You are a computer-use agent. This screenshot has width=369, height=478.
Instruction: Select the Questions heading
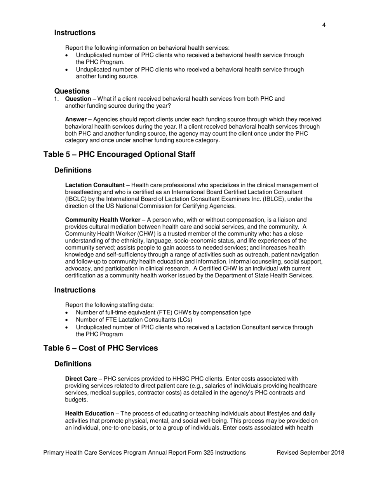72,91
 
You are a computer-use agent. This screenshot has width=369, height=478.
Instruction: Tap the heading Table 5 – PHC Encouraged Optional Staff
119,154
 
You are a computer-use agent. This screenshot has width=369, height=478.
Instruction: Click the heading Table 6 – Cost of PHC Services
101,348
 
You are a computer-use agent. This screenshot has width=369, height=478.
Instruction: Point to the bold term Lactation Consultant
95,185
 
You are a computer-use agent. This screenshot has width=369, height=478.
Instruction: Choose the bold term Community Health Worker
103,220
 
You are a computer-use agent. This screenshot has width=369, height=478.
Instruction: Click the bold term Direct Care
81,379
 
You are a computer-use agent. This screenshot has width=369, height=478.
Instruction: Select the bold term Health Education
89,413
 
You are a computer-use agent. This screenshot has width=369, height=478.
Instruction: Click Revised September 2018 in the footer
310,452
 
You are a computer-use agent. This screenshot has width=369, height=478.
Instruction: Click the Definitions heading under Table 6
73,364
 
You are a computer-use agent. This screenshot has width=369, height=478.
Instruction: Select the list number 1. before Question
57,99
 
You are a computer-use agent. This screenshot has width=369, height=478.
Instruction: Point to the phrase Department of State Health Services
261,276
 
